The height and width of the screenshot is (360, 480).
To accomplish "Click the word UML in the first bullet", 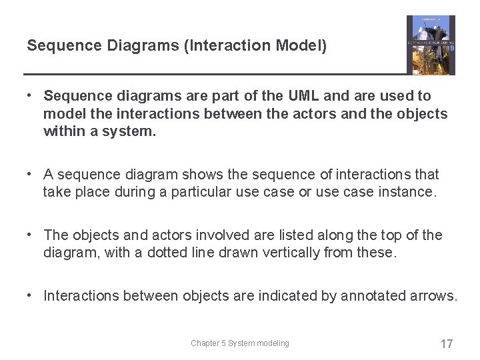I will coord(303,97).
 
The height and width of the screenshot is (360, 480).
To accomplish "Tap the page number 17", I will coord(447,344).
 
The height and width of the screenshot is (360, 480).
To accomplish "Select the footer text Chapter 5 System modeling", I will coord(240,343).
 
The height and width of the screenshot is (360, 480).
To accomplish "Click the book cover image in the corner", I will coord(431,45).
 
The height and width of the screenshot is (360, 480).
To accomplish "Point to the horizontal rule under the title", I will coord(213,73).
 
